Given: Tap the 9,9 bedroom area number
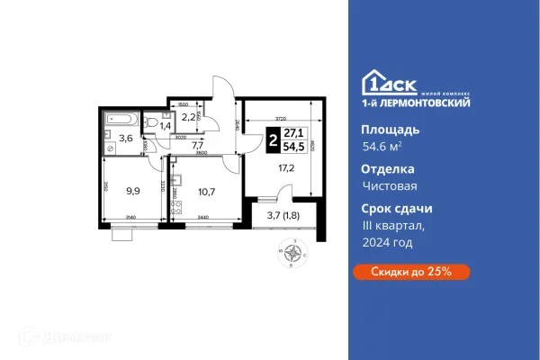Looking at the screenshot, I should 134,191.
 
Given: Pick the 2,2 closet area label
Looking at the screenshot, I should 188,117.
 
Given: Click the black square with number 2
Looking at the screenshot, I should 273,142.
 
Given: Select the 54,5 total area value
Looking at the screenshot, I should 292,148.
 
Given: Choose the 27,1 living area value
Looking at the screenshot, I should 292,136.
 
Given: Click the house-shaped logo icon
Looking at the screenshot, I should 370,83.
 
